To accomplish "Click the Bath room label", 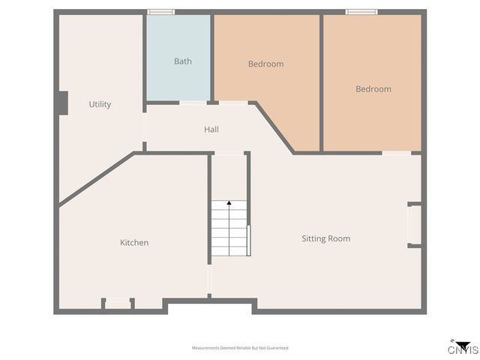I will click(182, 61).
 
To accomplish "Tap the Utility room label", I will click(100, 104).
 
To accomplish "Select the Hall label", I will click(211, 130).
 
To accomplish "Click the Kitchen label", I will click(134, 243).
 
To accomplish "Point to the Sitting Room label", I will click(325, 238).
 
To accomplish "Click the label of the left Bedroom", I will click(265, 64).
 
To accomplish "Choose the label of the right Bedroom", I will click(373, 89).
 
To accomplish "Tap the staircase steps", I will click(229, 232).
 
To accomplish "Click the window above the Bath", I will click(161, 11).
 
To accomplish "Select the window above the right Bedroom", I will click(361, 11).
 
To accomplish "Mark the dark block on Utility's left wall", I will click(63, 103).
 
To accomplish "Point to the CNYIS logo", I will click(463, 347).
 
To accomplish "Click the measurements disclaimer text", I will click(240, 348).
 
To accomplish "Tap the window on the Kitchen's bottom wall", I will click(118, 303).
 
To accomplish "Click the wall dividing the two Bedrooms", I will click(322, 82).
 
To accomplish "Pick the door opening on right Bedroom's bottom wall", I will click(397, 153).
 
